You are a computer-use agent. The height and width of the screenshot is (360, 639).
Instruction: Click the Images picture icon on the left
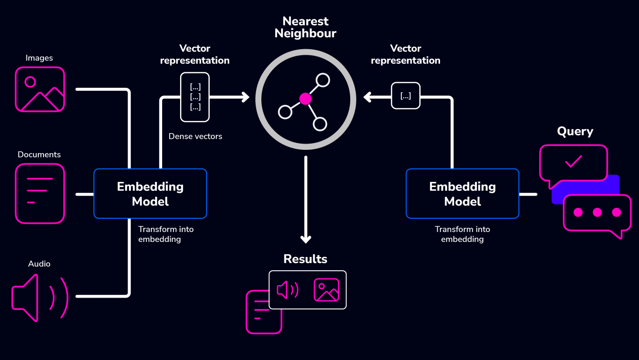point(40,89)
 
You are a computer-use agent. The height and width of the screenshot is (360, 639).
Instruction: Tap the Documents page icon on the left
point(40,193)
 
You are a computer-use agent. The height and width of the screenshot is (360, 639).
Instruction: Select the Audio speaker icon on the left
point(40,297)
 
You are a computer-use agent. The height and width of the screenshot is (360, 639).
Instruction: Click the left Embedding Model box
point(150,194)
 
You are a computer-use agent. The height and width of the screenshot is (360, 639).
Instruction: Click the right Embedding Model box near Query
point(462,194)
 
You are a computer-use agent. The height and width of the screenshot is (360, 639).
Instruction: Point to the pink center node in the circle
point(305,99)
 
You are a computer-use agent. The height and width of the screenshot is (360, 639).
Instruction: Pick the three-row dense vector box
point(195,97)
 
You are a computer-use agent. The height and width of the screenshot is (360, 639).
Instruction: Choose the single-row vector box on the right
point(406,96)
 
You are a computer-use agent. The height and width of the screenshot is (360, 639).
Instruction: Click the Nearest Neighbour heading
point(305,27)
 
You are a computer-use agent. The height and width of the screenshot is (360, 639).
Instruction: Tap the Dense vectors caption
point(195,137)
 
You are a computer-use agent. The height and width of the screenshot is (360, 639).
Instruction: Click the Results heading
point(305,259)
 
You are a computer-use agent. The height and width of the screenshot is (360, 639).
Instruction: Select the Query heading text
point(575,131)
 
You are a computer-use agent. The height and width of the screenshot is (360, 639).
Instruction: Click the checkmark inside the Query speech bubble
point(573,162)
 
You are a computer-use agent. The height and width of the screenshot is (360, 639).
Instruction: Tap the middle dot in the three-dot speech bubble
point(597,213)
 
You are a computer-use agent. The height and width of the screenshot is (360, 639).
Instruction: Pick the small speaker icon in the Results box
point(287,290)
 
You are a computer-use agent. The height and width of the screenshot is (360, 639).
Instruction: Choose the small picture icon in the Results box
point(327,290)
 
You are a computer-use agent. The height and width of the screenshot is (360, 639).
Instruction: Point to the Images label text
point(39,58)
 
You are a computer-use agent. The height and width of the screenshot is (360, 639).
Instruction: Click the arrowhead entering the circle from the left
point(245,97)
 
